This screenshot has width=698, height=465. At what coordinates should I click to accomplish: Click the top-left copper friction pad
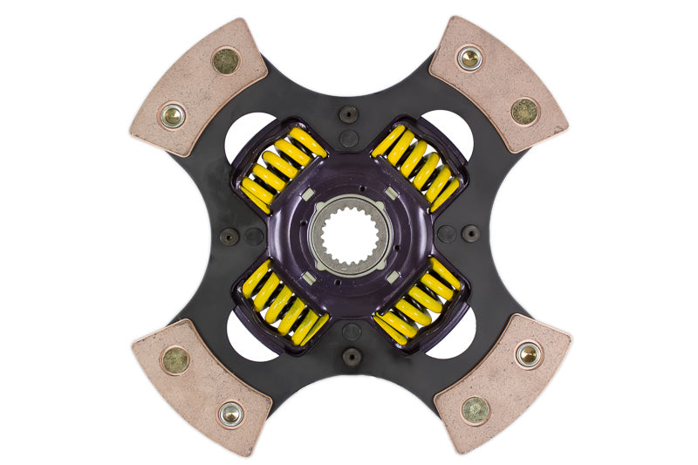coord(197,87)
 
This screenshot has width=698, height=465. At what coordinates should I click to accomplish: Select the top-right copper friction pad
coord(498,83)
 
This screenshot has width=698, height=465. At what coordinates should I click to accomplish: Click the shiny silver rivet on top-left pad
coord(172,114)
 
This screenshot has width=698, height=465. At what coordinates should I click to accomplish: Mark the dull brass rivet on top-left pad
coord(226,60)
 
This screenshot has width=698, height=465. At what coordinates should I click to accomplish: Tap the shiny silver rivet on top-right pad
coord(469,58)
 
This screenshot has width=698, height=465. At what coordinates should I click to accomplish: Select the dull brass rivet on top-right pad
coord(525,111)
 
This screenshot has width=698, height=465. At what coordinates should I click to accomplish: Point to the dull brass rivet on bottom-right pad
coord(475,409)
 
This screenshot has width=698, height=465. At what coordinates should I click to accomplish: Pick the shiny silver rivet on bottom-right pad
coord(528,353)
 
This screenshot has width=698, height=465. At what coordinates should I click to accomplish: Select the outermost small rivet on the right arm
coord(471,234)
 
